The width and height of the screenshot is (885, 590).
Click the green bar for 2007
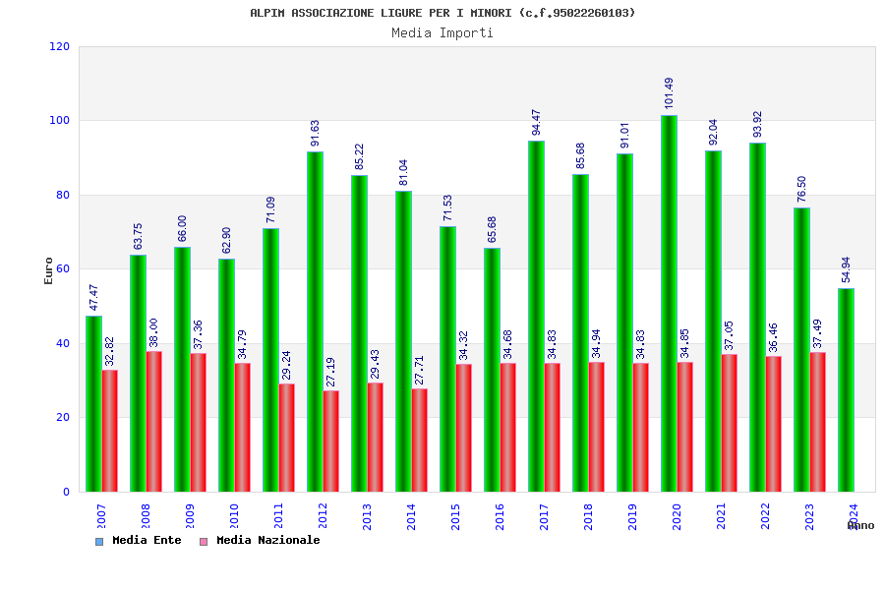[93, 403]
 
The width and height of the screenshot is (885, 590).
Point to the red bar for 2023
[818, 422]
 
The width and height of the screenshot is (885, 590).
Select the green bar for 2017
[536, 316]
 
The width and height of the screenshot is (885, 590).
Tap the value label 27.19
[330, 372]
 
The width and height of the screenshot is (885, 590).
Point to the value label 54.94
[847, 269]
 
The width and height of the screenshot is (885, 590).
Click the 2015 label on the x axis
[456, 516]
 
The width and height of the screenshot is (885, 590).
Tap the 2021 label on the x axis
[722, 516]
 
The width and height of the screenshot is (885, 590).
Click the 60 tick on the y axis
[63, 268]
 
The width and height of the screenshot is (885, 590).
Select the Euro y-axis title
[49, 270]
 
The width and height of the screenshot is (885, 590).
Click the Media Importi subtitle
[442, 32]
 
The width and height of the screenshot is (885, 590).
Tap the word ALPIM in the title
[267, 13]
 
